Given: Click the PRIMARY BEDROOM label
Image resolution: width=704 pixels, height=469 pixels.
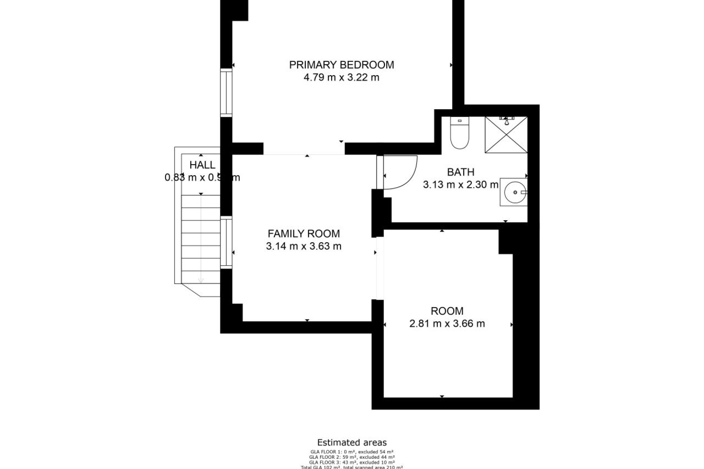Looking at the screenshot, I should tap(341, 65).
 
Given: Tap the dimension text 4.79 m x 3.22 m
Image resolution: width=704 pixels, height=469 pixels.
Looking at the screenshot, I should tap(341, 78).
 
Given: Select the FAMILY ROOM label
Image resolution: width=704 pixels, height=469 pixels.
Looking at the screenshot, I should tap(304, 233).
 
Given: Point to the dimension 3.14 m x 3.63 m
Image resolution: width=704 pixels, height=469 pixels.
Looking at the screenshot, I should tap(304, 246).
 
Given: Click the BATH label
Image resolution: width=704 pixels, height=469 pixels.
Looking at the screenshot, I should tap(461, 172).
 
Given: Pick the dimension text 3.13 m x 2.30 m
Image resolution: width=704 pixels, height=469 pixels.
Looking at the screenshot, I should tap(461, 185).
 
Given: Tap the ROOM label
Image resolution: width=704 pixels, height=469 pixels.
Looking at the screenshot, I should tap(447, 311).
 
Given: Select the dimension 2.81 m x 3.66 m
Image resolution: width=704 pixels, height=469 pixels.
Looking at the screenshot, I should tap(447, 324).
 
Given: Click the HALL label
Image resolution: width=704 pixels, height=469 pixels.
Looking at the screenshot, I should tap(202, 165).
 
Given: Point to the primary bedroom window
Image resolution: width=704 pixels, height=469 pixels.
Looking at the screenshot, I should tap(226, 93).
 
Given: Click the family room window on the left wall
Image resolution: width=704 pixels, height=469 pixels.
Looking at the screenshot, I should tap(226, 243).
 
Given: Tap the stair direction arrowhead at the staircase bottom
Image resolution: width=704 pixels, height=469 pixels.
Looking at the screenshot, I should tap(201, 281).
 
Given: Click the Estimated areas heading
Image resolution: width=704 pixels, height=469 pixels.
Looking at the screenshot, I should tap(352, 443).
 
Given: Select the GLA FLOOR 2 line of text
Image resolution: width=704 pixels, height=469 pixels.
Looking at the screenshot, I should tap(352, 457).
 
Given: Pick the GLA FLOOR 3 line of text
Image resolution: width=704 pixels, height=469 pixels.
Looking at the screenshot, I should tap(352, 462).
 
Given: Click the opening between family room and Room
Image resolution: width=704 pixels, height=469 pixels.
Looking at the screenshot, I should tap(380, 268).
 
